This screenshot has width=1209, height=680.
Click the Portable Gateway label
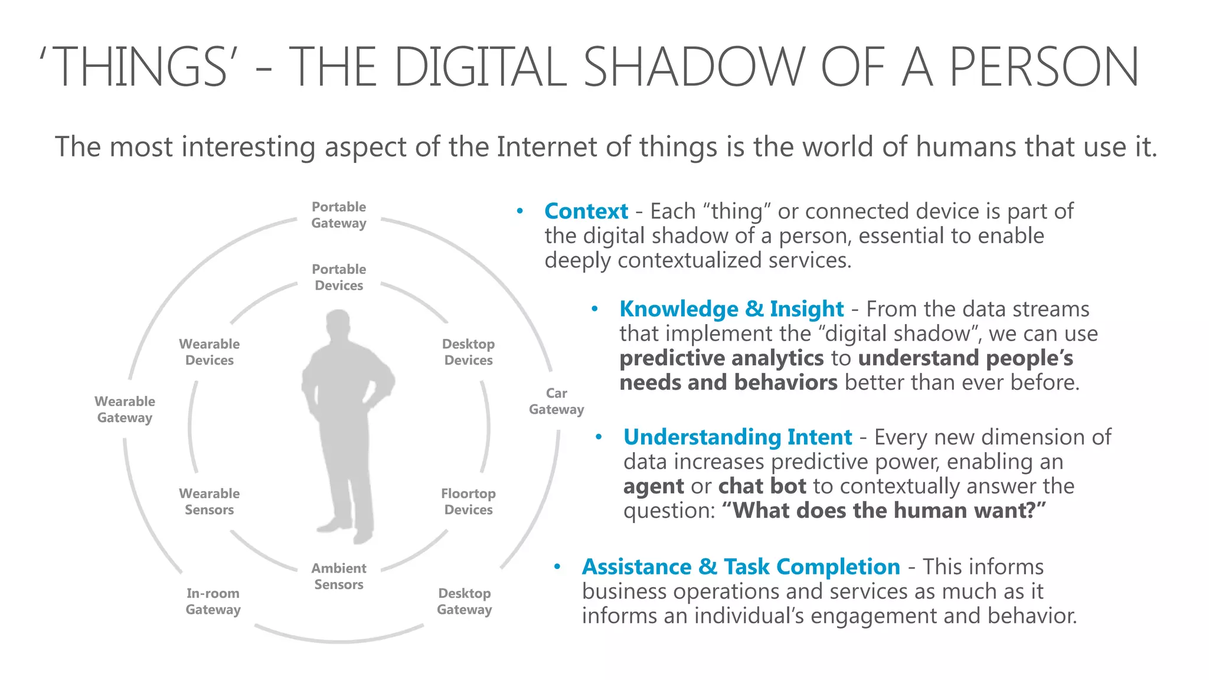coord(339,215)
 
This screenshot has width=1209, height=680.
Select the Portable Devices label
coord(339,277)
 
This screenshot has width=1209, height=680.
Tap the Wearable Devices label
coord(210,352)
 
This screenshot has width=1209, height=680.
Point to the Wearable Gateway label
coord(125,410)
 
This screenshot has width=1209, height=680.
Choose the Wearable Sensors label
coord(210,502)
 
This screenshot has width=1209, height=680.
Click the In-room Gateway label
coord(213,601)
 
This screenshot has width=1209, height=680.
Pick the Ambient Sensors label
coord(339,576)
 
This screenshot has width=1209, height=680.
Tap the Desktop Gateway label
coord(465,601)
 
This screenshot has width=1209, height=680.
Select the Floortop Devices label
coord(468,502)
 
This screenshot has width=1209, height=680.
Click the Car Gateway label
coord(556,401)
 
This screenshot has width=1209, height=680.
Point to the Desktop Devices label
coord(468,352)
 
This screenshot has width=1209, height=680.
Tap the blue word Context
coord(586,211)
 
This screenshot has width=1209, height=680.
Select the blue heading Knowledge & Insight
coord(731,309)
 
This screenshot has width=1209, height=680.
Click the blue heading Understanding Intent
coord(737,437)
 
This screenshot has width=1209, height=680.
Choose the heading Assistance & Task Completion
coord(741,567)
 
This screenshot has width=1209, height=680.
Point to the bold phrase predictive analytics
coord(721,358)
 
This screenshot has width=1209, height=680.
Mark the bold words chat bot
coord(762,486)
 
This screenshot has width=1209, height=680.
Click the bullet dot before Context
coord(519,211)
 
